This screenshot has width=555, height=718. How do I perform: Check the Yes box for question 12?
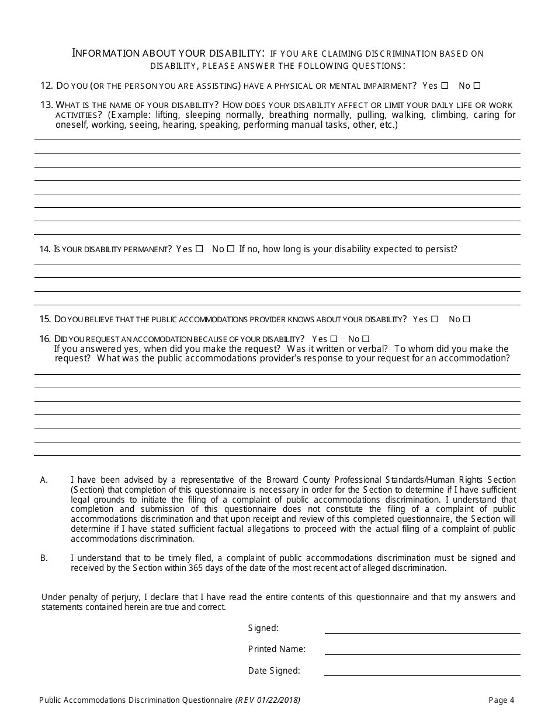445,86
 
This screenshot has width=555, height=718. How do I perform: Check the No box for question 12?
477,86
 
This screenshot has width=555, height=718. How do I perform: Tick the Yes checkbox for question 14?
199,249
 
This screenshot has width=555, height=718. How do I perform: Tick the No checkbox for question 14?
231,249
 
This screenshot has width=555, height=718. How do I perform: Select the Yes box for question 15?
434,319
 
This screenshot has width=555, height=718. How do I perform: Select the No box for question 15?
466,319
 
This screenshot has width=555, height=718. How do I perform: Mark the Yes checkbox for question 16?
334,339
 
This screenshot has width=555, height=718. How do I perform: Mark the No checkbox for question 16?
366,339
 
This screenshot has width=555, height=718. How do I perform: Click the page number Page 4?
501,700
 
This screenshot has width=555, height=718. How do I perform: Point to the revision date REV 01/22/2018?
268,700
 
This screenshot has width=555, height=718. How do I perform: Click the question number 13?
47,104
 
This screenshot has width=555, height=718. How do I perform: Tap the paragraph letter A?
43,480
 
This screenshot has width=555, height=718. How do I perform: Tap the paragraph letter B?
43,558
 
